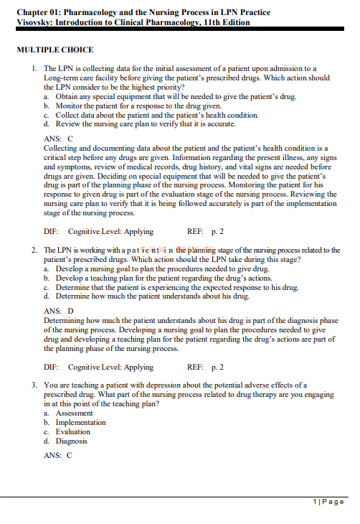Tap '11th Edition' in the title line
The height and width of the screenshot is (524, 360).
point(225,22)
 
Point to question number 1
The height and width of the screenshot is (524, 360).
point(34,68)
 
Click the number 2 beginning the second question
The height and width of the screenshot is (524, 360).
point(34,250)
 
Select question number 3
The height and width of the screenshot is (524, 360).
point(34,385)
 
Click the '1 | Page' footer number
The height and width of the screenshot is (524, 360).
point(330,501)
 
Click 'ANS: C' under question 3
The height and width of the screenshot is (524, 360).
point(58,455)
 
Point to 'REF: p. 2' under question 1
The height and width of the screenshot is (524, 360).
point(205,232)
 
